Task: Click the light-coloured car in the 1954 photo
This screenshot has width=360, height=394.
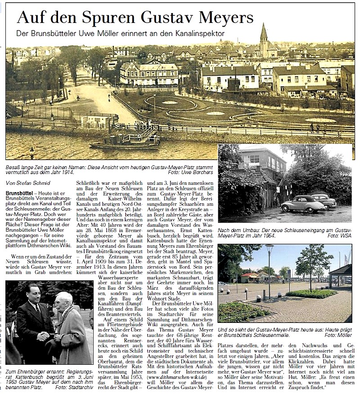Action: (x=302, y=205)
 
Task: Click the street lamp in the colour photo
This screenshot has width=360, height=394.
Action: (x=269, y=265)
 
